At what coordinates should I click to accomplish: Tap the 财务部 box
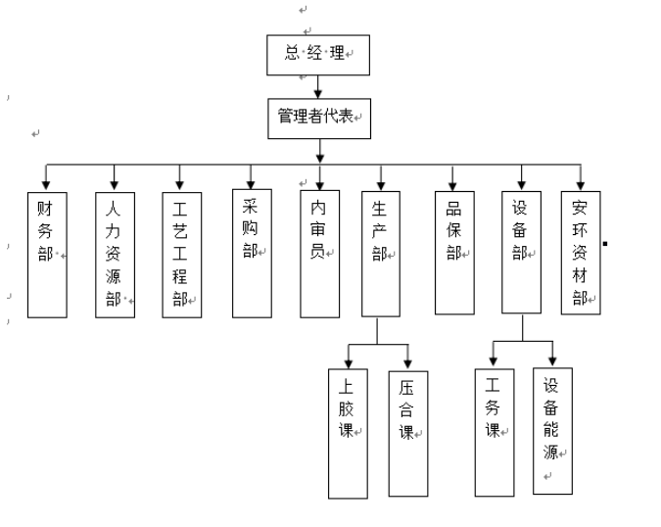pyautogui.click(x=47, y=254)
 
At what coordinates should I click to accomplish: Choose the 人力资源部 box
pyautogui.click(x=115, y=254)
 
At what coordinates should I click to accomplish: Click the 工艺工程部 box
pyautogui.click(x=180, y=254)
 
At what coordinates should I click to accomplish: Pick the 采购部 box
pyautogui.click(x=252, y=254)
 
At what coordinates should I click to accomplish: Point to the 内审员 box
pyautogui.click(x=319, y=254)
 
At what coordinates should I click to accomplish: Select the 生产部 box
pyautogui.click(x=381, y=254)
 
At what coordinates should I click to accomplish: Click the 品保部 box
pyautogui.click(x=453, y=252)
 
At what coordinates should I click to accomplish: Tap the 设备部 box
pyautogui.click(x=522, y=252)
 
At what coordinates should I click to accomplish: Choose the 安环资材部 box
pyautogui.click(x=581, y=252)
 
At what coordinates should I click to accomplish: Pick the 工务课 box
pyautogui.click(x=494, y=431)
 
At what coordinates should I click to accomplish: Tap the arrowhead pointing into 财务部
pyautogui.click(x=47, y=185)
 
